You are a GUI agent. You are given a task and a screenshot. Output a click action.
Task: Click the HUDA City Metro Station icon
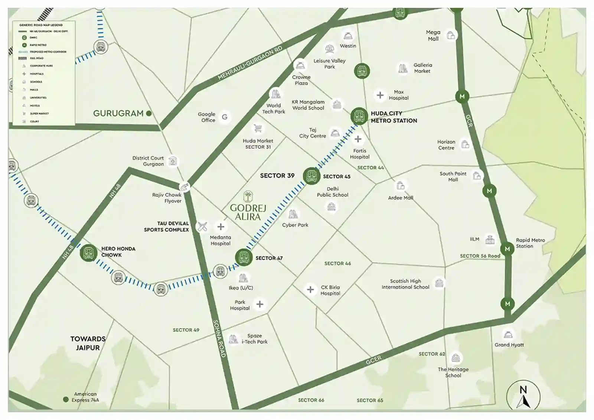click(x=359, y=116)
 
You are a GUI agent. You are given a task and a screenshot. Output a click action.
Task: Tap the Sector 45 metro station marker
click(x=311, y=176)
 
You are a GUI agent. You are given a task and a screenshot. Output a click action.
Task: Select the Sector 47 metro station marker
click(x=244, y=257)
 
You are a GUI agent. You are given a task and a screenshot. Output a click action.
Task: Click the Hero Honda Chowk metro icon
click(x=88, y=253)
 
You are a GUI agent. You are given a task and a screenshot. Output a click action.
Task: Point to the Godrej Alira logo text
click(x=248, y=212)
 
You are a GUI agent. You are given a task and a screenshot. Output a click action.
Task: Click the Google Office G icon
click(x=225, y=117)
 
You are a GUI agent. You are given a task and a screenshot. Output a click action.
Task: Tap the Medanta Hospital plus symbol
click(x=221, y=227)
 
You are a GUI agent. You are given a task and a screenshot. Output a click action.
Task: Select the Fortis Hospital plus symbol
click(x=358, y=139)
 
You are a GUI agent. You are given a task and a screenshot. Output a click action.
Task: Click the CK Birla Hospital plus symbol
click(x=310, y=289)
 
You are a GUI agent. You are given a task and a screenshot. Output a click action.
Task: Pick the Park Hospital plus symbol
click(x=260, y=304)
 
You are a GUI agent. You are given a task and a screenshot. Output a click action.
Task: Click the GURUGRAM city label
click(x=118, y=113)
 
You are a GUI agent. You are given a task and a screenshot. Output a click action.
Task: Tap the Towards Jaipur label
click(x=88, y=343)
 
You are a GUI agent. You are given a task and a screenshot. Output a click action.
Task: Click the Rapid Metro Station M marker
click(x=507, y=249)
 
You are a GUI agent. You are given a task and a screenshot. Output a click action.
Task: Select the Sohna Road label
click(x=219, y=338)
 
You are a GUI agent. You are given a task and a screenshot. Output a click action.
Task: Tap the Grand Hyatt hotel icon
click(x=508, y=334)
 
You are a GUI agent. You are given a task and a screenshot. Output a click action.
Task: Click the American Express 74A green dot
click(x=66, y=400)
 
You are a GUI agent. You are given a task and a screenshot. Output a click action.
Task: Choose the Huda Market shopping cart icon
click(x=258, y=129)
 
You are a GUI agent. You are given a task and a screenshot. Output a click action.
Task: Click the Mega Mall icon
click(x=451, y=35)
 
